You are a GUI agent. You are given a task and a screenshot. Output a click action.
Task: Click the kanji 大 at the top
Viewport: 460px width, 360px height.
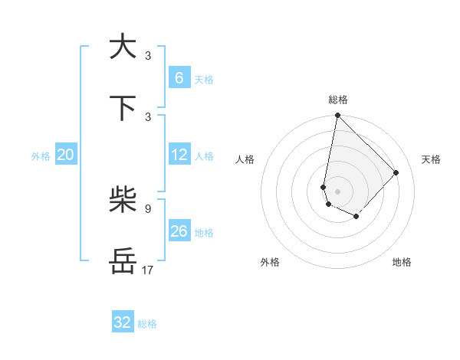[x=123, y=47]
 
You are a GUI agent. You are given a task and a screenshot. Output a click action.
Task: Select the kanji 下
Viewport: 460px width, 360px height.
[x=123, y=108]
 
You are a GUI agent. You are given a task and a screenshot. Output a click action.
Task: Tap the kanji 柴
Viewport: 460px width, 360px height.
[x=123, y=201]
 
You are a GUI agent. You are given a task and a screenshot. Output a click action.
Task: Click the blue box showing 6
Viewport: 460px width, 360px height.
[x=179, y=77]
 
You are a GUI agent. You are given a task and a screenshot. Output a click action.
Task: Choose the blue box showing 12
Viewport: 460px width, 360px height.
[x=179, y=155]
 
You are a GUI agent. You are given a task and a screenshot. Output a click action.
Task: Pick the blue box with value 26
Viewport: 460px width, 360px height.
[x=179, y=231]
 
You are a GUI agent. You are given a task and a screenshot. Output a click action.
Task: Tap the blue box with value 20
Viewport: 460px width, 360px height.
[x=66, y=155]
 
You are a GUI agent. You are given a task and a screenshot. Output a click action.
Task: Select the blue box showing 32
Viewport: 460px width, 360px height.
[x=123, y=322]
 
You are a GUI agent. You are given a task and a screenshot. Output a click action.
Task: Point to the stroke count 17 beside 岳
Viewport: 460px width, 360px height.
[x=148, y=270]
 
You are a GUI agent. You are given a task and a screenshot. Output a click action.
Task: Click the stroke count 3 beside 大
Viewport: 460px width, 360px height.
[x=148, y=56]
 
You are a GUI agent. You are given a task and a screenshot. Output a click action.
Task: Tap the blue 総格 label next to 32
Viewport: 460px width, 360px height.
[x=147, y=324]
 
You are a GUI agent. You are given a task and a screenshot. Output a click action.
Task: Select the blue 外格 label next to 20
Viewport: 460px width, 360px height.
[x=41, y=156]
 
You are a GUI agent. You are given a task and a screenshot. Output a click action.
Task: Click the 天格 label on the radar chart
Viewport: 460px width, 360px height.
[x=431, y=159]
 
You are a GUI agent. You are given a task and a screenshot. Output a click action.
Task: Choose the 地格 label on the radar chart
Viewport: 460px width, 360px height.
[x=402, y=262]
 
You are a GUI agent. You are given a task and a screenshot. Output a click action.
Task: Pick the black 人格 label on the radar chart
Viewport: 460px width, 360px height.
[x=245, y=159]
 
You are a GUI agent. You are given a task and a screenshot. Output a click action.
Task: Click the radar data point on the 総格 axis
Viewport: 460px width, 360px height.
[x=337, y=116]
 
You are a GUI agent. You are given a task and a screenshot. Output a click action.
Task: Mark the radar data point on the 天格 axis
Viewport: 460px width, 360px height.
[x=396, y=172]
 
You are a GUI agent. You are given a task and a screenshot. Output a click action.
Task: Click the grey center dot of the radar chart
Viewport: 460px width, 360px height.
[x=337, y=191]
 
